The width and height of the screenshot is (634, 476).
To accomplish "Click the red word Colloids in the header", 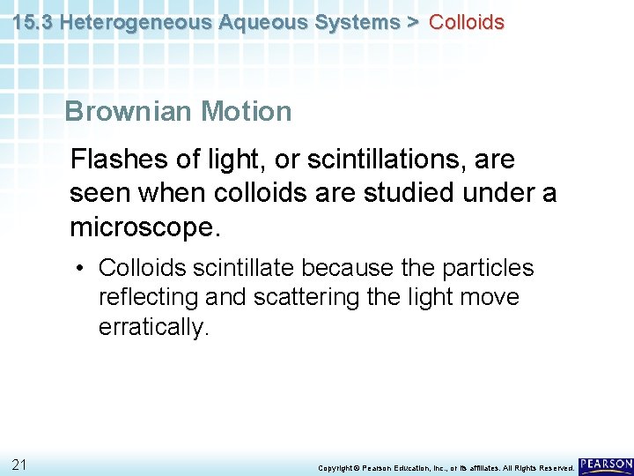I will click(466, 22).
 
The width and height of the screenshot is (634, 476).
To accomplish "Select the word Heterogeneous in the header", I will click(133, 22).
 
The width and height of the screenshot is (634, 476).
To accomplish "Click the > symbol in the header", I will click(411, 22).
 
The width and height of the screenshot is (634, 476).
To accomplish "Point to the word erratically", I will click(151, 328).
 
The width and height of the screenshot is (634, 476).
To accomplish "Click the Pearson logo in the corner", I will click(606, 465).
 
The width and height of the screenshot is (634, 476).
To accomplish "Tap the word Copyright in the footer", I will click(335, 468).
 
